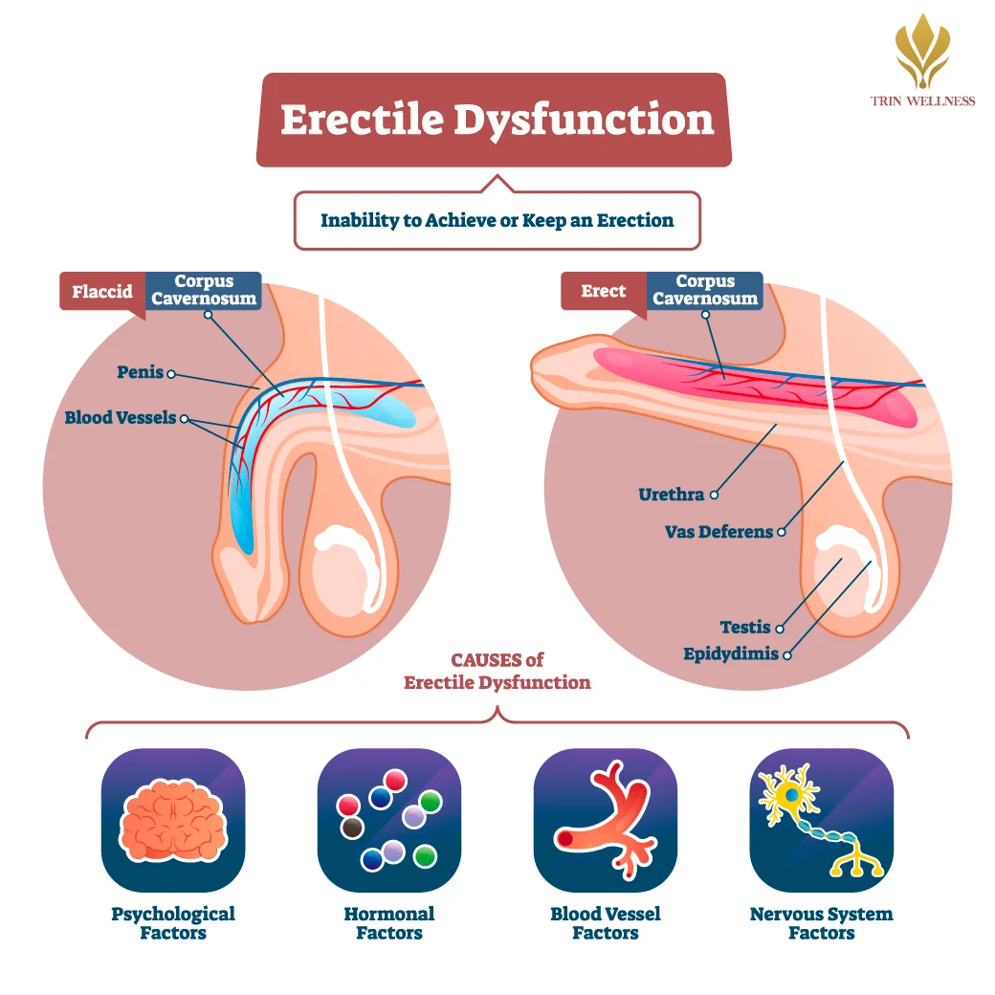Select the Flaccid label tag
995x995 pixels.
(102, 291)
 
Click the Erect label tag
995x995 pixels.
(603, 291)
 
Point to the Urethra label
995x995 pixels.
(672, 495)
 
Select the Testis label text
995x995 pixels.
(745, 627)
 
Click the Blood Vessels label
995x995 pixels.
(121, 417)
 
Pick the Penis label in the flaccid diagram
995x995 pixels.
(141, 371)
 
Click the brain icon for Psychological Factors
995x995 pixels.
(173, 820)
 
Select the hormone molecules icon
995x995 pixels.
(389, 820)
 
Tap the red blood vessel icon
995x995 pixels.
(606, 820)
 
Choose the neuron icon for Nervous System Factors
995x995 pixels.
(822, 820)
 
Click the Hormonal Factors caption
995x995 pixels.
(389, 923)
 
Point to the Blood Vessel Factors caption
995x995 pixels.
(606, 923)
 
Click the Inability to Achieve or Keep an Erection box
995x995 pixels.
(497, 220)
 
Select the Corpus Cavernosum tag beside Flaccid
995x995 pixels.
(203, 290)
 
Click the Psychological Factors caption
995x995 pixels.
(173, 923)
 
